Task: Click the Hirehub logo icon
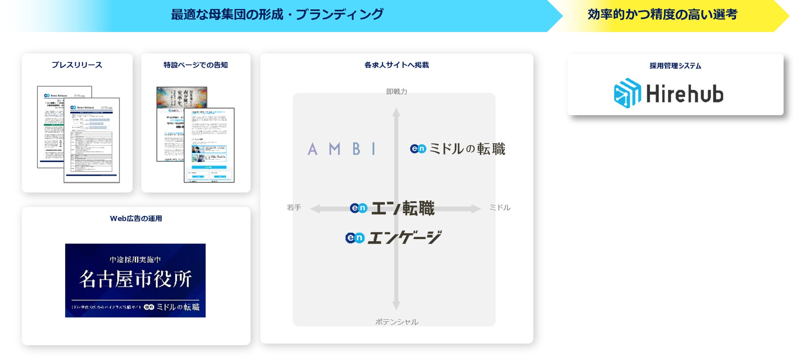pyautogui.click(x=627, y=93)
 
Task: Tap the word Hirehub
pyautogui.click(x=684, y=94)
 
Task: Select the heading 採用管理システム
pyautogui.click(x=675, y=66)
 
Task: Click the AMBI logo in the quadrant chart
pyautogui.click(x=342, y=149)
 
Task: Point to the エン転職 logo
pyautogui.click(x=392, y=208)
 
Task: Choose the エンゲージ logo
pyautogui.click(x=393, y=237)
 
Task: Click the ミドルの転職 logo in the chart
pyautogui.click(x=457, y=149)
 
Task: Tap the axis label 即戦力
pyautogui.click(x=396, y=92)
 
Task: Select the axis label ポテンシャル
pyautogui.click(x=396, y=322)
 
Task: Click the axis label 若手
pyautogui.click(x=294, y=208)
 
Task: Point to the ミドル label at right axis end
pyautogui.click(x=500, y=208)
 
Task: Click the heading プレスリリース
pyautogui.click(x=77, y=65)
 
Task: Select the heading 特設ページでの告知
pyautogui.click(x=195, y=65)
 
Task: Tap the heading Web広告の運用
pyautogui.click(x=136, y=218)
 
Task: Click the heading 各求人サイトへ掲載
pyautogui.click(x=396, y=65)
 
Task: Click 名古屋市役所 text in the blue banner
pyautogui.click(x=135, y=279)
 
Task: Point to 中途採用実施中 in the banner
pyautogui.click(x=135, y=259)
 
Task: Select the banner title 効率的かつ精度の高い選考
pyautogui.click(x=662, y=15)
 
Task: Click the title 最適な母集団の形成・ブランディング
pyautogui.click(x=277, y=15)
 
